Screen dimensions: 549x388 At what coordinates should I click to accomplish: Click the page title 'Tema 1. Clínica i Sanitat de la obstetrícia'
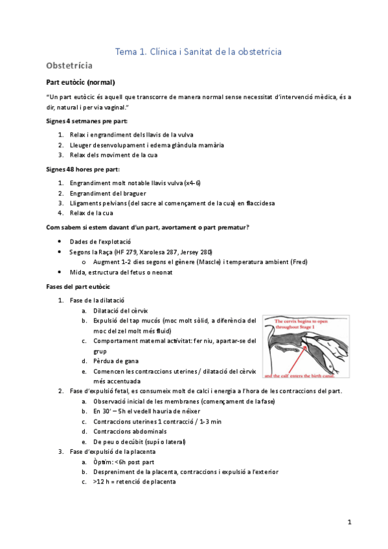pos(198,51)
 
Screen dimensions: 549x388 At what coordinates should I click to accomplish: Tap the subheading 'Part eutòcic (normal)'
pos(81,82)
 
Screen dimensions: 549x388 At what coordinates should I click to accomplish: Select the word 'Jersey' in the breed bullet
pos(194,251)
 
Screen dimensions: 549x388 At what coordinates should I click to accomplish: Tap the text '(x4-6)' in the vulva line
pos(192,183)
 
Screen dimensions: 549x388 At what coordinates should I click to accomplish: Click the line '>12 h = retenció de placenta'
pos(134,482)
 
